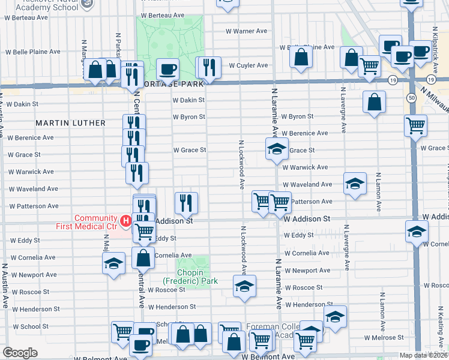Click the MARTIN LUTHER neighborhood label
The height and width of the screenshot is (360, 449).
[x=70, y=123]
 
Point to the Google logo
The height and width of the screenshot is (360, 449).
[x=20, y=353]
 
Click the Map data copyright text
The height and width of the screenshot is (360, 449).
[x=423, y=355]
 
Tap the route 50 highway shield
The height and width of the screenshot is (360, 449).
[x=411, y=97]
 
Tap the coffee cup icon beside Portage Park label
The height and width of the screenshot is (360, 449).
[x=167, y=68]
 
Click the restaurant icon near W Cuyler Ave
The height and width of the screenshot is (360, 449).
[x=209, y=67]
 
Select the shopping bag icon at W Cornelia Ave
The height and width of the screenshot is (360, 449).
[x=143, y=259]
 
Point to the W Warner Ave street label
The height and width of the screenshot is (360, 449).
[x=246, y=31]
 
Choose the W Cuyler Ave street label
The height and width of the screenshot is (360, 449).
[x=247, y=65]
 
